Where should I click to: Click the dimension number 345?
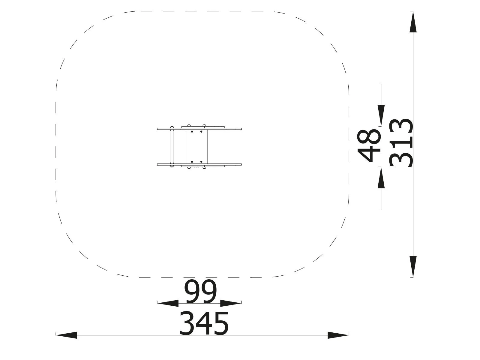coord(204,323)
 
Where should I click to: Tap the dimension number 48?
coord(369,145)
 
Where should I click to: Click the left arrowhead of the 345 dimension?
coord(67,335)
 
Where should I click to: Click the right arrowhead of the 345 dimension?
coord(338,335)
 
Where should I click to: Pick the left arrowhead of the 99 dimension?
coord(168,303)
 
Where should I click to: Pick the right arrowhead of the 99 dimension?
coord(231,303)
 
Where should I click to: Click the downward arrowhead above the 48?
coord(381,115)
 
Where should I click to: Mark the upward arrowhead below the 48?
coord(381,178)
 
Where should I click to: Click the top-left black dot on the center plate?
coord(192,131)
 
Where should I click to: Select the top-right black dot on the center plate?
coord(201,131)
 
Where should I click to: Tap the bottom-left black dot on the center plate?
coord(192,162)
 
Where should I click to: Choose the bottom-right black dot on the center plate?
coord(201,162)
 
